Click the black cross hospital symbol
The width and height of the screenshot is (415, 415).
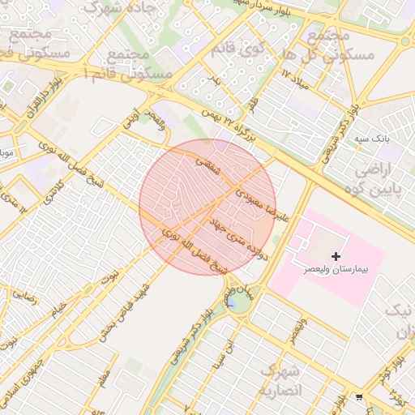click(x=336, y=256)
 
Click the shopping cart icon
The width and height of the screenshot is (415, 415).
click(x=359, y=397)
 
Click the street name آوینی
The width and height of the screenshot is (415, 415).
click(x=130, y=120)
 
